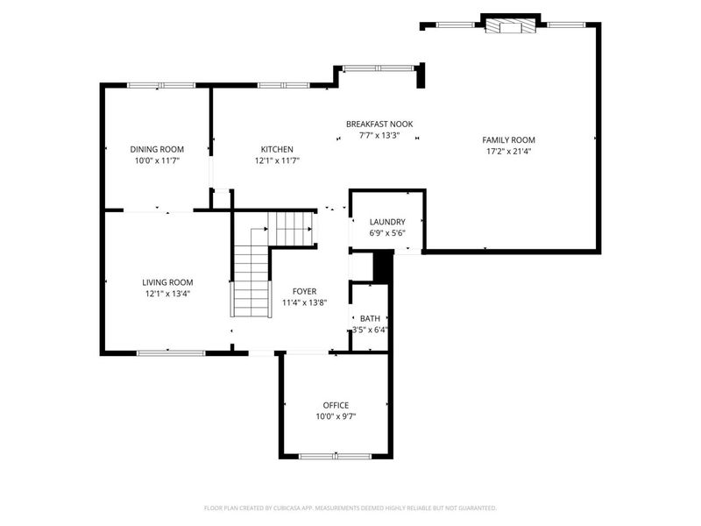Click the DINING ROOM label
(157, 149)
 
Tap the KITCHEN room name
(277, 149)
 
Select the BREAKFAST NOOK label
(379, 124)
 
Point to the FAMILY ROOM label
(508, 139)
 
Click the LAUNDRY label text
(386, 222)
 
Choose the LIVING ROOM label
(167, 282)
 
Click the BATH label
(370, 319)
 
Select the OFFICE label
(336, 405)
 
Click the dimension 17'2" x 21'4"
(508, 151)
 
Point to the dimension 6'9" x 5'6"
(386, 233)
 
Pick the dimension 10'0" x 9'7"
(336, 416)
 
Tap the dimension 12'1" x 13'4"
(167, 294)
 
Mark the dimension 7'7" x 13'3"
(379, 135)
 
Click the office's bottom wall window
(336, 456)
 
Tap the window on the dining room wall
(161, 85)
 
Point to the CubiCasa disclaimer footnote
(350, 508)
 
